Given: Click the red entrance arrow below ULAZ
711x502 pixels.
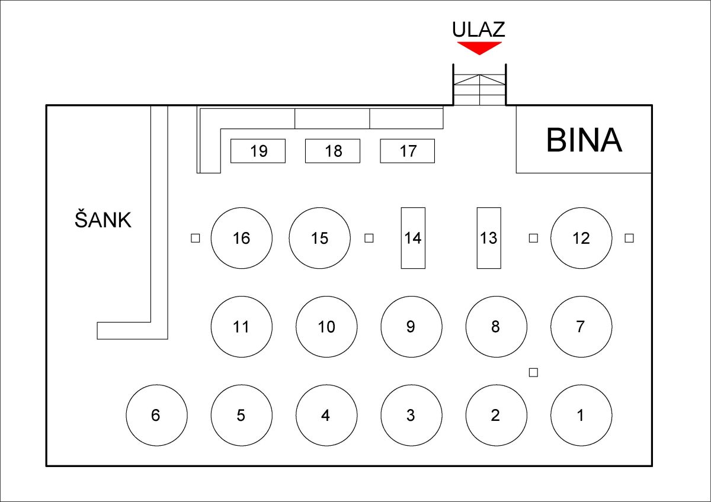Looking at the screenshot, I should pos(479,47).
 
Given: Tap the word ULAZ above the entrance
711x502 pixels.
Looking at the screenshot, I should pos(479,29).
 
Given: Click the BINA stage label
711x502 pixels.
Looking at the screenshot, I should pos(584,140).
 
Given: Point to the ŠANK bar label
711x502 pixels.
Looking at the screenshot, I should pos(103,220).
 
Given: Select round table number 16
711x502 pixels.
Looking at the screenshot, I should pos(242,238).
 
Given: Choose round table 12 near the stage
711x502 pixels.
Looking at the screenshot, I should pos(581,238).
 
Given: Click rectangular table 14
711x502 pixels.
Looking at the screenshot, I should pos(413,238).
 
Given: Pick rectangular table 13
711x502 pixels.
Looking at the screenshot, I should pos(489,238).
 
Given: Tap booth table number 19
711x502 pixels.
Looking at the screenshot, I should pos(258,151).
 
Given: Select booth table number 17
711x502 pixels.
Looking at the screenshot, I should pos(408,151).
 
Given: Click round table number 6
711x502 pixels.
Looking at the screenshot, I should pos(156,415).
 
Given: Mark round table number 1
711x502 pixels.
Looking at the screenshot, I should pos(581,415).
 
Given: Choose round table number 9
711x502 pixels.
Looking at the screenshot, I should pos(411,327).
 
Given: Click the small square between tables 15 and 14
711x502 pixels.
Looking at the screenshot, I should pos(369,238).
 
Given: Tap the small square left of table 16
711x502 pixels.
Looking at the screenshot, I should pos(195,238).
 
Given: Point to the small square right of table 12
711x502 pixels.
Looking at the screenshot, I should pos(629,238).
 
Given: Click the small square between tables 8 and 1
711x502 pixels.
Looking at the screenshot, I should pos(533,372).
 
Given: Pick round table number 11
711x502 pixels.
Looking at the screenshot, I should pos(242,327).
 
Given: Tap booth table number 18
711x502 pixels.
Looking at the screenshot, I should pos(333,151).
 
